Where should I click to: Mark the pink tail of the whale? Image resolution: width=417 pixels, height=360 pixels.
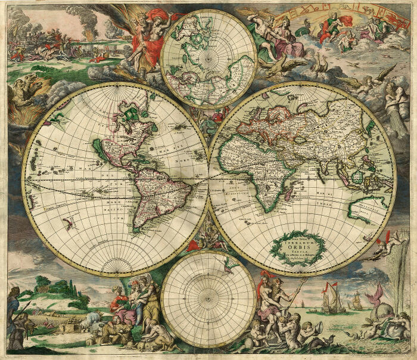click(376, 292)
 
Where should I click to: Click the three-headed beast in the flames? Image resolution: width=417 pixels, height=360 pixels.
click(24, 92)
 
